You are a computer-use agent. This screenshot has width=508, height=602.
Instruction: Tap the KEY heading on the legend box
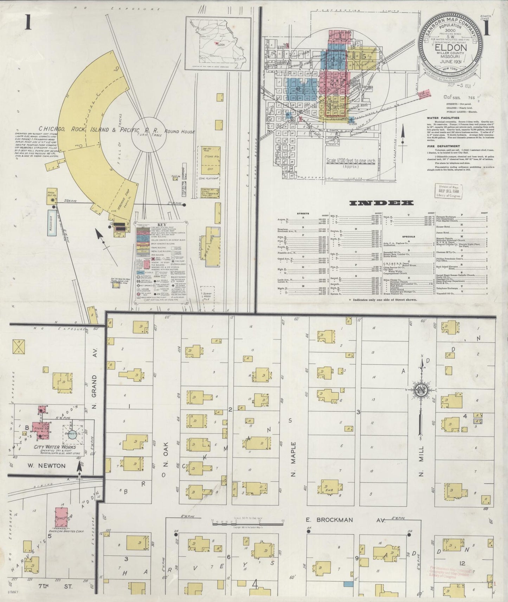(x=161, y=225)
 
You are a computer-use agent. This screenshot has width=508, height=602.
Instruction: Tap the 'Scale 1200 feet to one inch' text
(x=351, y=161)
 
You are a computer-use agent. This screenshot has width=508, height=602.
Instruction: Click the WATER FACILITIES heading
(x=443, y=118)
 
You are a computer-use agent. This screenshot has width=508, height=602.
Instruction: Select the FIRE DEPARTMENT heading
(x=443, y=146)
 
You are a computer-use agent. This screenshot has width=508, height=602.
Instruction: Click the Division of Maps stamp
(x=449, y=191)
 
